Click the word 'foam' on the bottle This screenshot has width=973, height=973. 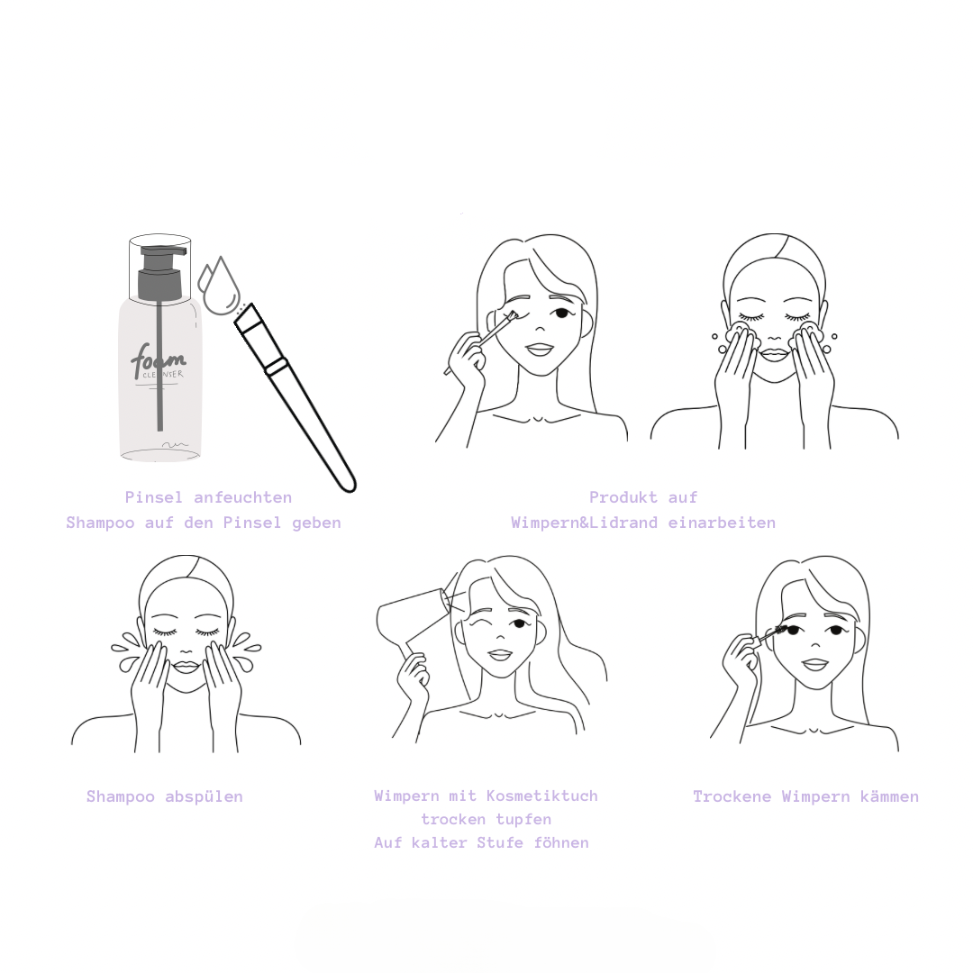pos(158,359)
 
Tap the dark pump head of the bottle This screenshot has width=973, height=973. pos(160,272)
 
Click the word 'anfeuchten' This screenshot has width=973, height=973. pos(242,497)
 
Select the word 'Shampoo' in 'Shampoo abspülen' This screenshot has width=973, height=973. pos(121,796)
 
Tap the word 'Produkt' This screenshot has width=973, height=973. pos(623,497)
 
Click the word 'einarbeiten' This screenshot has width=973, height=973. pos(722,523)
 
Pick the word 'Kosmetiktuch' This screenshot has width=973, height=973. pos(541,796)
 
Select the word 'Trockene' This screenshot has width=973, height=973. pos(732,796)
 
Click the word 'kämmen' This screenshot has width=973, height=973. pos(889,796)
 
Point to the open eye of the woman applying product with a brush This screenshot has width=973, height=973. pos(561,312)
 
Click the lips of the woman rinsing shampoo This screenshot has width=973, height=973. pos(186,667)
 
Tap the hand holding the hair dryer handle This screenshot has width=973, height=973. pos(413,673)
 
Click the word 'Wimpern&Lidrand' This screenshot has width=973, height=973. pos(584,523)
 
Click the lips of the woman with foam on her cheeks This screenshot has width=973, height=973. pos(774,354)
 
